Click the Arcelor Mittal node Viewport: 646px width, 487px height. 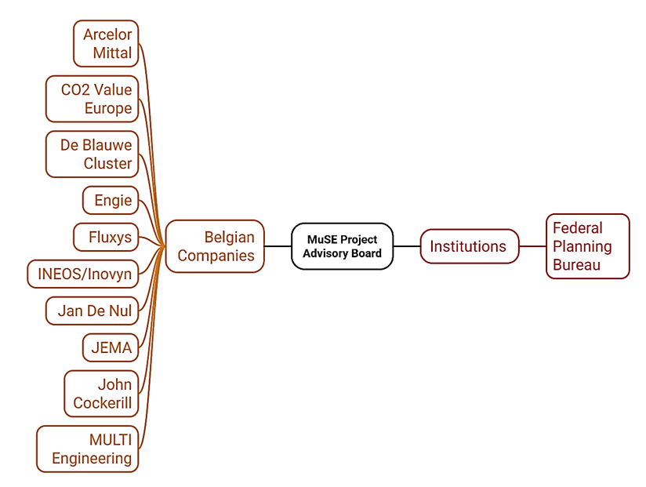tap(107, 44)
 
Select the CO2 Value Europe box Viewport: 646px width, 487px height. tap(93, 99)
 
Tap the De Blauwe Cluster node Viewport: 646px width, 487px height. tap(93, 154)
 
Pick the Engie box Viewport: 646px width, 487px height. tap(111, 200)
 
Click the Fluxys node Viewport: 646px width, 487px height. tap(107, 237)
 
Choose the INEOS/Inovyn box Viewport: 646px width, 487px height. tap(83, 274)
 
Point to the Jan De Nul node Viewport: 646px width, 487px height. tap(93, 311)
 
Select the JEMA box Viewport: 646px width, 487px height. tap(111, 347)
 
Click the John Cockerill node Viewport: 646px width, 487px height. tap(102, 394)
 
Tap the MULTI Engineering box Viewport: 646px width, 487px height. tap(88, 449)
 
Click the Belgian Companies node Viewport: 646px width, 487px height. tap(215, 246)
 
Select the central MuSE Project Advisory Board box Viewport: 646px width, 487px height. tap(342, 246)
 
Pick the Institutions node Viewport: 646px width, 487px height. tap(469, 246)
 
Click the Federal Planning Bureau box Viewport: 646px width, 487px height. tap(587, 246)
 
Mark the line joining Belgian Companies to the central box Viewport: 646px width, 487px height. tap(278, 246)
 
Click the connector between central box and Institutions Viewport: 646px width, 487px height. tap(406, 246)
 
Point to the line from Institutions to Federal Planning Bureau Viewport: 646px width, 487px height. tap(532, 246)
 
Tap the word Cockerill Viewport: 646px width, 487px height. tap(103, 403)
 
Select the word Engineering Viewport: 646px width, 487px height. tap(92, 458)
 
